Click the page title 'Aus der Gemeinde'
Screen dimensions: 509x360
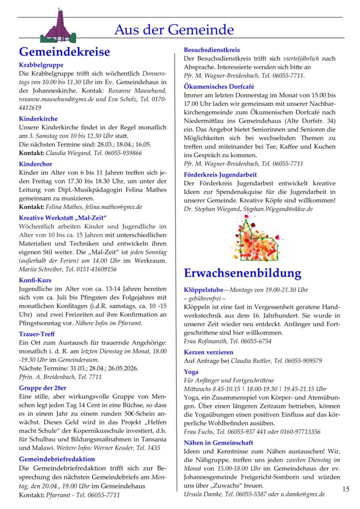[174, 30]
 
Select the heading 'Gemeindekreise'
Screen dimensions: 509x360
[64, 52]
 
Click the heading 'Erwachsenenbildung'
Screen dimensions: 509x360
[242, 273]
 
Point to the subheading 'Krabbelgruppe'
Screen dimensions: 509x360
[41, 65]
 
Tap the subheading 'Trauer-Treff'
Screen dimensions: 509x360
[37, 334]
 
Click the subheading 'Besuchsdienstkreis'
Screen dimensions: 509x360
[212, 50]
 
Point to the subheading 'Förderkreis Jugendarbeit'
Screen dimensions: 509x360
[220, 175]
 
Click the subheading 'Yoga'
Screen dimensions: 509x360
[191, 372]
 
